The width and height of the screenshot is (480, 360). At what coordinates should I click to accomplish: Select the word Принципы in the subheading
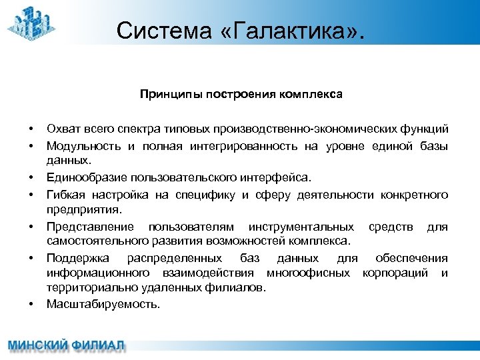tap(165, 94)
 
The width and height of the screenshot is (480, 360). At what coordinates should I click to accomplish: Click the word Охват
tap(61, 128)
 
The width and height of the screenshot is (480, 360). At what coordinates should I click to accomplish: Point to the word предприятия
tap(83, 209)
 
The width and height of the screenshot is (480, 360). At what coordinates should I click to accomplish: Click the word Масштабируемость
tap(103, 304)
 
